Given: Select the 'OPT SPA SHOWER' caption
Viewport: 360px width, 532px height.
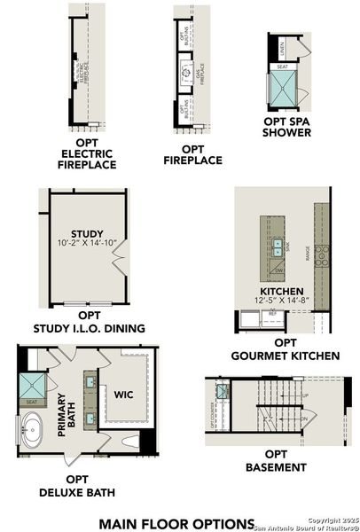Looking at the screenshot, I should pos(286,127).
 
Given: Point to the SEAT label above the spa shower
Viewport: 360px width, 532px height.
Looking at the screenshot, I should pos(282,66).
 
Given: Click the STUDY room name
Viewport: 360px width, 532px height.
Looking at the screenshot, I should pos(88,234).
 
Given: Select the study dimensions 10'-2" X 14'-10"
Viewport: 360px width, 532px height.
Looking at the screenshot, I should pos(88,244).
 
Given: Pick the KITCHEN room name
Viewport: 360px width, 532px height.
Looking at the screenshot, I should pos(282,292).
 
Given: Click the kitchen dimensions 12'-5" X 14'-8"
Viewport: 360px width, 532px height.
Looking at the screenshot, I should pos(282,301).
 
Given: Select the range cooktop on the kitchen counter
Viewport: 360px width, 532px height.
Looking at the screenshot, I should pos(323,254).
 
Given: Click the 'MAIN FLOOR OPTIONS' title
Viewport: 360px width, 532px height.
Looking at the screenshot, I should pos(176,523).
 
